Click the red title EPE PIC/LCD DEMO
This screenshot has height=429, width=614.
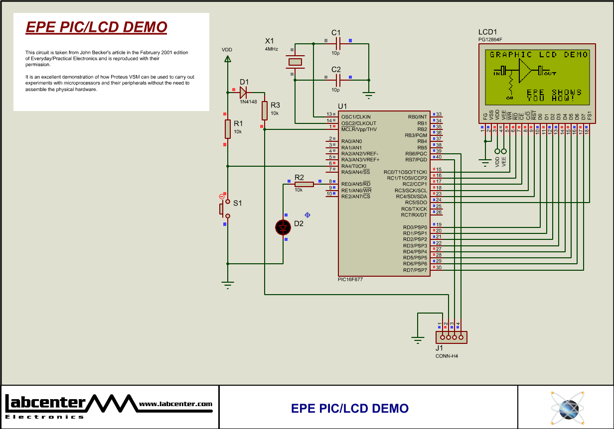pos(96,27)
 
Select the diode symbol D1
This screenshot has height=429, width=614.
pos(244,92)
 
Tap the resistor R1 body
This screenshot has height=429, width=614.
pos(228,128)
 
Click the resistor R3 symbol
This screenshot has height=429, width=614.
pos(265,110)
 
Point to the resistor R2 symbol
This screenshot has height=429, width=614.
pos(304,184)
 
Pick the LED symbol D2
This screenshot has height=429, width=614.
pos(283,227)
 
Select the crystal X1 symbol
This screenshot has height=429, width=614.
pos(295,62)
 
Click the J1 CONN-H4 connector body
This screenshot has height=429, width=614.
pos(452,337)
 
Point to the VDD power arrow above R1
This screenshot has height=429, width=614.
pos(228,59)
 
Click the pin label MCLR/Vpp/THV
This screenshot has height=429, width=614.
pos(359,129)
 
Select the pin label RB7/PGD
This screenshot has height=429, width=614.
pos(416,160)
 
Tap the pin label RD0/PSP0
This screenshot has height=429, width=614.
pos(415,227)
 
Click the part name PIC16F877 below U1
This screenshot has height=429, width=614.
pos(350,280)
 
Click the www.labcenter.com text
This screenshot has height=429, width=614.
pos(175,404)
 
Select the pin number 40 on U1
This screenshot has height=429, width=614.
pos(439,157)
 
